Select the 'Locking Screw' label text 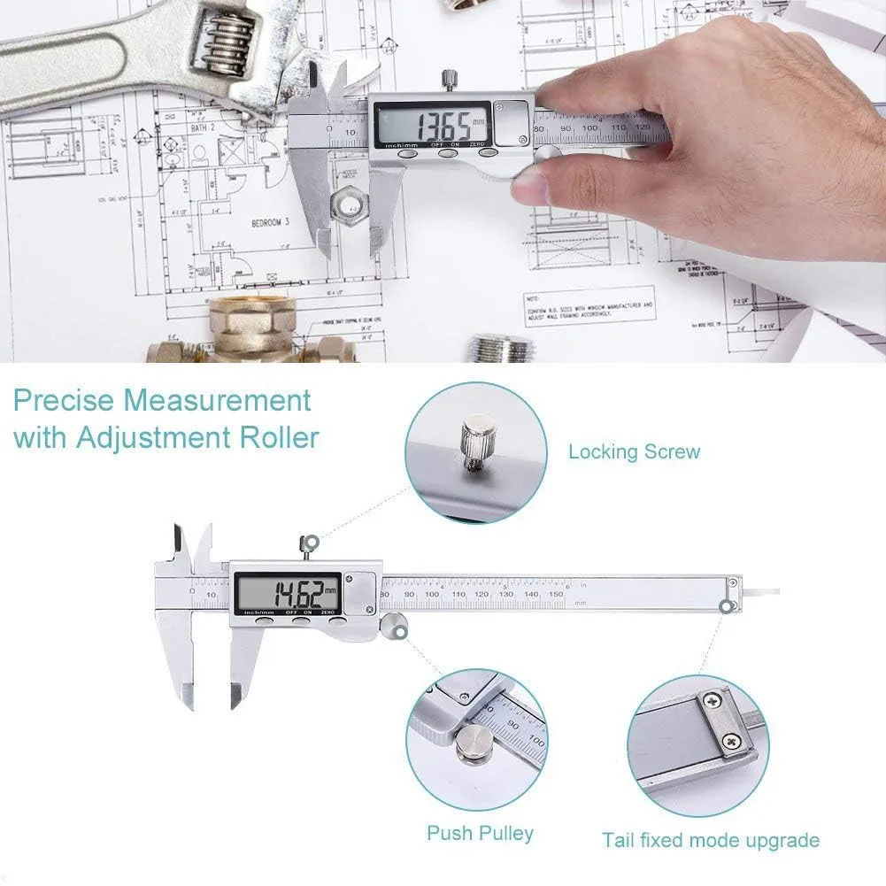point(634,452)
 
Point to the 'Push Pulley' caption point(480,833)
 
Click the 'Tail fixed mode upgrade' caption point(711,840)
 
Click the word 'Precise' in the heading point(64,400)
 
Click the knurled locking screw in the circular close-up point(476,440)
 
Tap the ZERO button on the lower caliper point(337,620)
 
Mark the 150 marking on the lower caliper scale point(556,593)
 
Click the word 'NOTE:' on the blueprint point(531,299)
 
